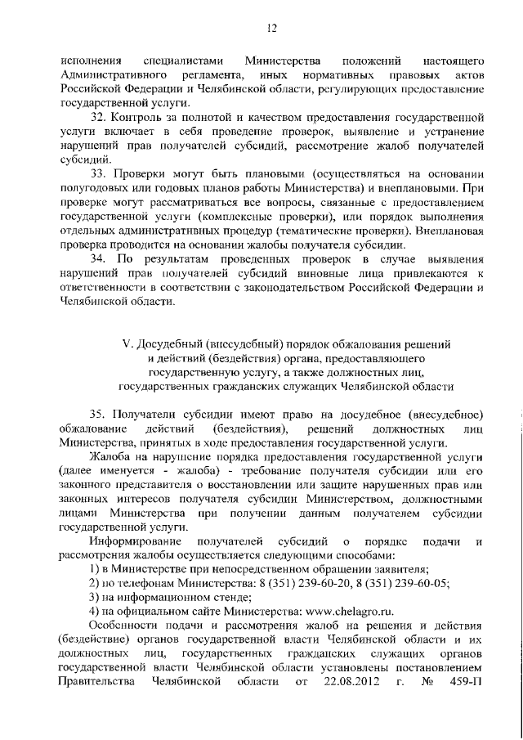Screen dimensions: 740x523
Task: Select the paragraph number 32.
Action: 98,118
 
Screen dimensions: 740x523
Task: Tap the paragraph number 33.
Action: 98,177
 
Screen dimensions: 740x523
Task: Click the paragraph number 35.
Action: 98,415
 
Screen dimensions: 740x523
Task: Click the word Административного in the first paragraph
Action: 112,74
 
